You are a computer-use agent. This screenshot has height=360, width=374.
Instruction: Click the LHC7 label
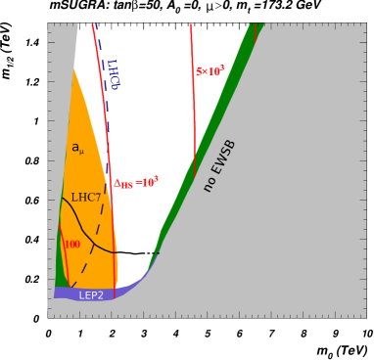[x=85, y=198]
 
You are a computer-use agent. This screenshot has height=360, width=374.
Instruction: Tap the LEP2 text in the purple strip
[x=91, y=295]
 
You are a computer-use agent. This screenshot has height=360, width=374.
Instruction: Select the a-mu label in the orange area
[x=77, y=149]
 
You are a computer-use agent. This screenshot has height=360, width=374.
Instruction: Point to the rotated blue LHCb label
[x=113, y=74]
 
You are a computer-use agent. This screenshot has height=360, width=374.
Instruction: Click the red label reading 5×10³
[x=210, y=71]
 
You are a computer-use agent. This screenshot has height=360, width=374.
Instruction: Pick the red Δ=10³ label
[x=135, y=183]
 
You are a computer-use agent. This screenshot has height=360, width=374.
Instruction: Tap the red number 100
[x=71, y=245]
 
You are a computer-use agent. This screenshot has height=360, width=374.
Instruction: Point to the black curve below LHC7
[x=90, y=236]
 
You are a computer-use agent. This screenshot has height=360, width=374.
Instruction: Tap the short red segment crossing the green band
[x=255, y=32]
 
